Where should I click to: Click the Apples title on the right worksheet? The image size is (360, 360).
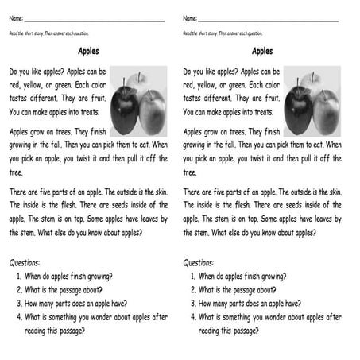coord(262,52)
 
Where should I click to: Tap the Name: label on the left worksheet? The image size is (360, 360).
coord(16,17)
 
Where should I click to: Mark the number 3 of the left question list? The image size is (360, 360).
coord(19,303)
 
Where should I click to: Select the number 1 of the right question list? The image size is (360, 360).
coord(193,276)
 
